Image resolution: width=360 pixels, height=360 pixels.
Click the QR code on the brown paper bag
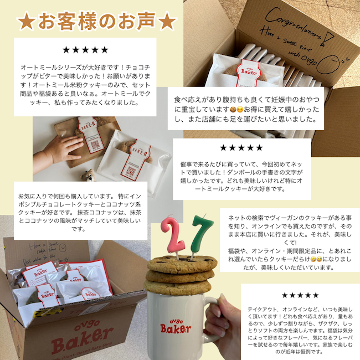[x=95, y=146]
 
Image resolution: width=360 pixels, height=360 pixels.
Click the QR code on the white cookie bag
[x=131, y=170]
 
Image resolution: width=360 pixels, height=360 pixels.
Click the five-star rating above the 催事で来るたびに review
[x=241, y=148]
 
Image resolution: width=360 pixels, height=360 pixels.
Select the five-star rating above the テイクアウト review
[x=300, y=295]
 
